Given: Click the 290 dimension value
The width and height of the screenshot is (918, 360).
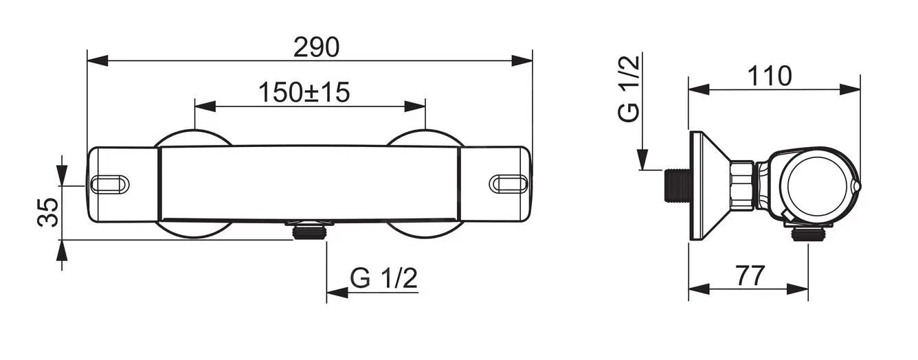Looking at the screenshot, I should (x=316, y=47).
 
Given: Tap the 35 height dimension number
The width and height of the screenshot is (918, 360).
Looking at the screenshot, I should (x=47, y=213).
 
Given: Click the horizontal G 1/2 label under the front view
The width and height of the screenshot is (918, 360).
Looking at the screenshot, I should (x=383, y=278).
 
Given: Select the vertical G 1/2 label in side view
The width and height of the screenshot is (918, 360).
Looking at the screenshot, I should (x=629, y=89).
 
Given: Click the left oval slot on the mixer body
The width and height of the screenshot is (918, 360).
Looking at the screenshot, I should (x=110, y=183).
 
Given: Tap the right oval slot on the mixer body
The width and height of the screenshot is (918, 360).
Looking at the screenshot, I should (x=508, y=183).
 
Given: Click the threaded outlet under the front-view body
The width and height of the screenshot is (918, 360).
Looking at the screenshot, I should (x=309, y=232).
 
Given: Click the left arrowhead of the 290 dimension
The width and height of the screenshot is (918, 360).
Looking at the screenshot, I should (x=96, y=60).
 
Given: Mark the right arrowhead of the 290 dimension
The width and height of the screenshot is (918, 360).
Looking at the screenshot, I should (x=523, y=60).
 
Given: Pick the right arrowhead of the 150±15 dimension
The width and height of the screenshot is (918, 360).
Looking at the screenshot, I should (x=415, y=106).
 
